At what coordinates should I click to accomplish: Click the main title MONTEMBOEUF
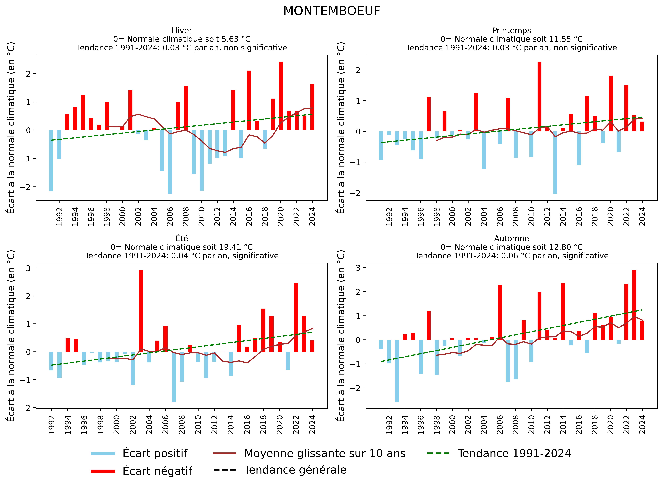pyautogui.click(x=331, y=11)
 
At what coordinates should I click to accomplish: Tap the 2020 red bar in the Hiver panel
pyautogui.click(x=280, y=96)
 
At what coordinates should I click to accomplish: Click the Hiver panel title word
pyautogui.click(x=182, y=30)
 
